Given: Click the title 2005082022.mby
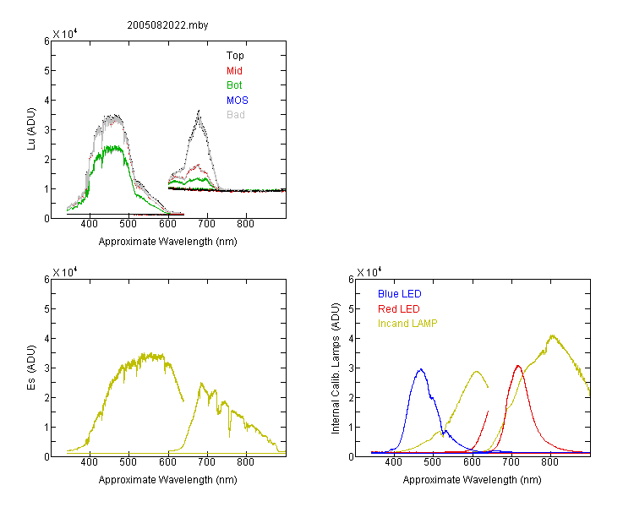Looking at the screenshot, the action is pyautogui.click(x=167, y=25).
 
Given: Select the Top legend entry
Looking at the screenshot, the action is pyautogui.click(x=235, y=56).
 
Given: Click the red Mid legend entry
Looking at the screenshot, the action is pyautogui.click(x=234, y=71).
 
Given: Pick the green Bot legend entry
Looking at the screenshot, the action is pyautogui.click(x=234, y=85).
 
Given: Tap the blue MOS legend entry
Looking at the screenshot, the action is pyautogui.click(x=237, y=101).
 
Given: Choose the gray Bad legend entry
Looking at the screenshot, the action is pyautogui.click(x=235, y=115).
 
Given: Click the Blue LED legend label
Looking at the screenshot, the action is pyautogui.click(x=400, y=294).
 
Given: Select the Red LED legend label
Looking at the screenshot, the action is pyautogui.click(x=399, y=309).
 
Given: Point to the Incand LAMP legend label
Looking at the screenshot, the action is pyautogui.click(x=407, y=324).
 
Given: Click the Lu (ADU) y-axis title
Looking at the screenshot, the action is pyautogui.click(x=31, y=129).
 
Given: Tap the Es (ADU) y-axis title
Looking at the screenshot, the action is pyautogui.click(x=31, y=368).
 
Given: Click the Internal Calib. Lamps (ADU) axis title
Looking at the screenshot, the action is pyautogui.click(x=336, y=368).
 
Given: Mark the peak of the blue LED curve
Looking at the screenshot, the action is pyautogui.click(x=421, y=369).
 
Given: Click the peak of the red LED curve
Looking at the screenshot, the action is pyautogui.click(x=518, y=366).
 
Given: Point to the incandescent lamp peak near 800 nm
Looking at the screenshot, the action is pyautogui.click(x=552, y=335).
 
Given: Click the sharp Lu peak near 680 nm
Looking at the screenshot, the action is pyautogui.click(x=199, y=111).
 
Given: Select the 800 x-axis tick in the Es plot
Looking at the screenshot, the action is pyautogui.click(x=245, y=462).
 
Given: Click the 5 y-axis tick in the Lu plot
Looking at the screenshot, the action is pyautogui.click(x=46, y=71).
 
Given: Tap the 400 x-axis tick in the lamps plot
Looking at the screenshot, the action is pyautogui.click(x=393, y=462).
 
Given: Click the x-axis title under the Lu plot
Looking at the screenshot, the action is pyautogui.click(x=168, y=242).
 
